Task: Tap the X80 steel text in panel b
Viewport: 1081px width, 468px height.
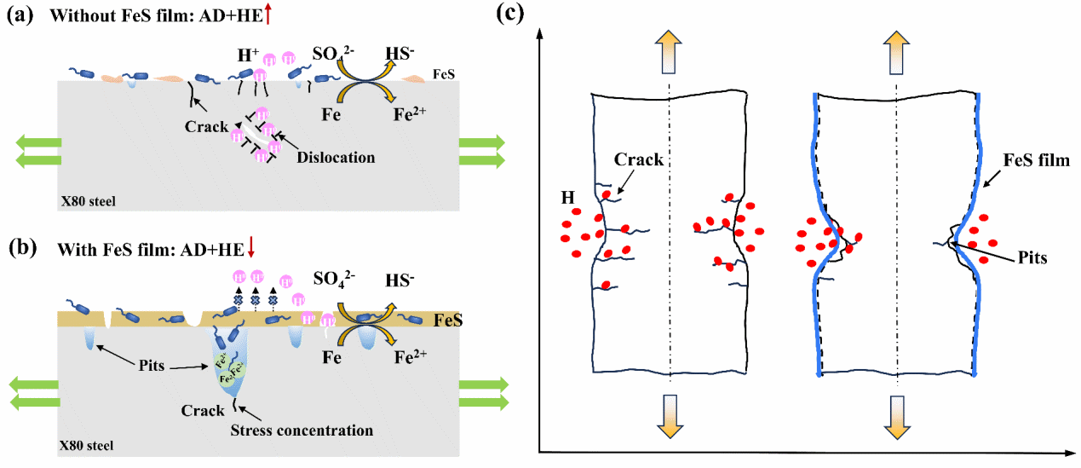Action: tap(87, 445)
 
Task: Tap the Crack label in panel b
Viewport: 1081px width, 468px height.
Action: tap(202, 411)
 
